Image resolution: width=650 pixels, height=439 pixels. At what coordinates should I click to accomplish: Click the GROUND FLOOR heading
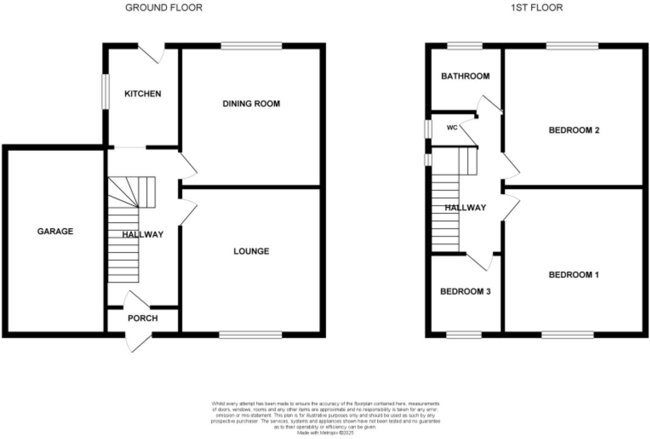click(164, 8)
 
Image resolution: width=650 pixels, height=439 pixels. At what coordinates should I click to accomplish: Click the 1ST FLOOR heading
click(536, 8)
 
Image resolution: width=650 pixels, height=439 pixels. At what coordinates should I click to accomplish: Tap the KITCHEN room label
click(143, 94)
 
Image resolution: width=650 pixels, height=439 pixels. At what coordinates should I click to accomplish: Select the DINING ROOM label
click(251, 103)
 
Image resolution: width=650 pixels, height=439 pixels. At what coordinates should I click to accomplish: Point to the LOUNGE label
click(251, 251)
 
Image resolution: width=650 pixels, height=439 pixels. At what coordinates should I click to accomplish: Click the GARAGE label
click(55, 231)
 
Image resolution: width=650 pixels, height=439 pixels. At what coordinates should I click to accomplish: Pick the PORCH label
click(143, 318)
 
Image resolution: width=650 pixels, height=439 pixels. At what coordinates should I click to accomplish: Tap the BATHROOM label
click(465, 76)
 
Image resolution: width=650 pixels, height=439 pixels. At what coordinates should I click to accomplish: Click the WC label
click(452, 128)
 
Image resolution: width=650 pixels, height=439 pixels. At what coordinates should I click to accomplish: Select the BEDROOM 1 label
click(573, 275)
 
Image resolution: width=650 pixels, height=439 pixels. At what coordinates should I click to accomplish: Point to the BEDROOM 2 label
click(574, 130)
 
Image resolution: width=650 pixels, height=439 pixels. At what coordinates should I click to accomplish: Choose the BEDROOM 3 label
click(465, 291)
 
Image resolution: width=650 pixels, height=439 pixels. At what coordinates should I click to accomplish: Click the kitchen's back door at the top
click(151, 53)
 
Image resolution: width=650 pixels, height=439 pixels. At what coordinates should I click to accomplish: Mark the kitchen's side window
click(105, 91)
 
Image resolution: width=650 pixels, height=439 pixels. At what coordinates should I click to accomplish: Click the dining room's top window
click(251, 46)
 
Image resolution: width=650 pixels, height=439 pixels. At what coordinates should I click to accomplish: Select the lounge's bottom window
click(251, 335)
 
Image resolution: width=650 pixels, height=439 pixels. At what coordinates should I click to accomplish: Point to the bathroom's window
click(465, 46)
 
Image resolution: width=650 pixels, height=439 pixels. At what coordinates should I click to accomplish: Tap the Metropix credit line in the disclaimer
click(325, 433)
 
